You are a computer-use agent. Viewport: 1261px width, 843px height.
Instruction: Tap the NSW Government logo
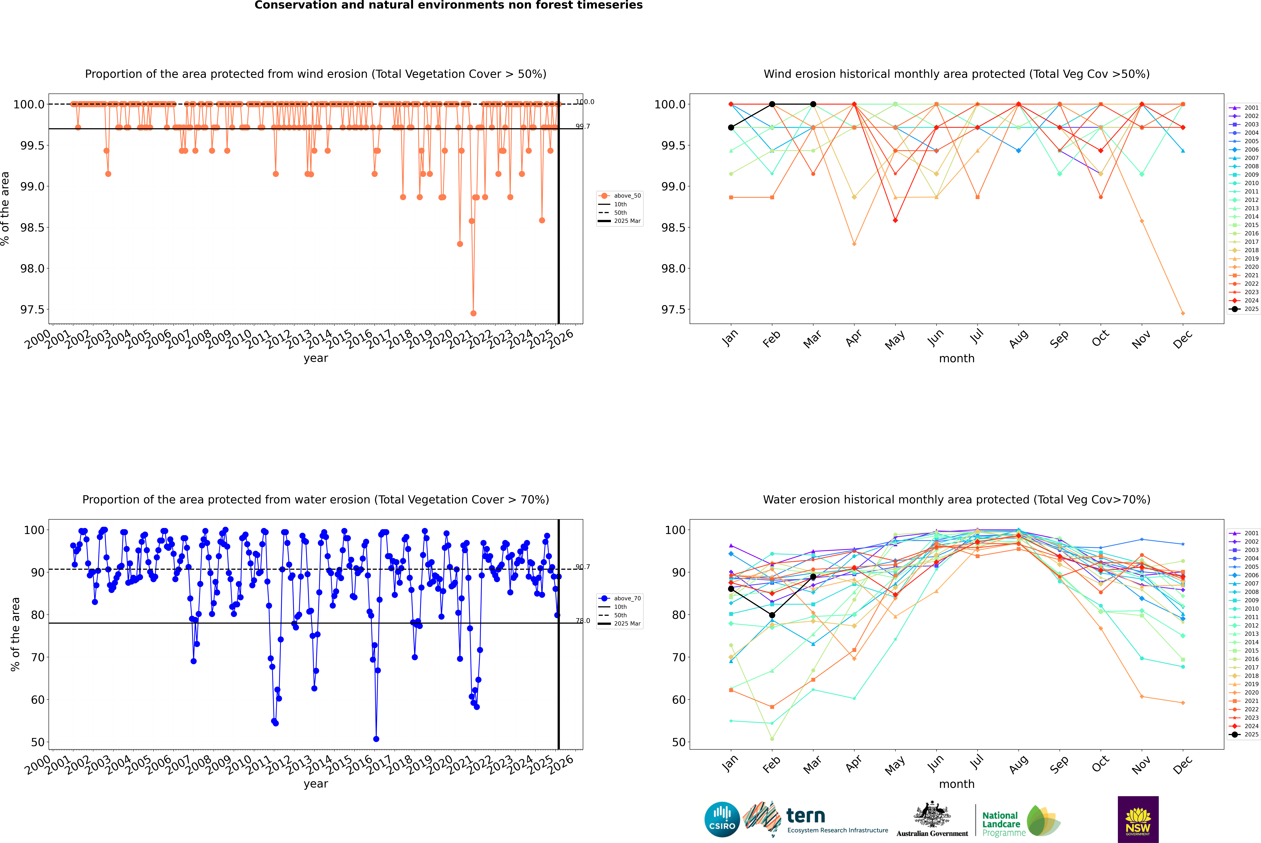tap(1138, 819)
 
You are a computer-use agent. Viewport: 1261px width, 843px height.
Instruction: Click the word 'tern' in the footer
tap(805, 816)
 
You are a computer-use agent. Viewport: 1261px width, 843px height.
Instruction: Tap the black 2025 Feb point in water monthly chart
tap(772, 615)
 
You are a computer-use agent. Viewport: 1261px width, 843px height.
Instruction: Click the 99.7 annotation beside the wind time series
tap(583, 126)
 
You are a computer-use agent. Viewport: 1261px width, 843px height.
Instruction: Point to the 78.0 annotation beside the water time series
tap(583, 620)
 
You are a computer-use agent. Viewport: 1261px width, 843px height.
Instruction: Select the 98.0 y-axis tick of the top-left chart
tap(32, 268)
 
